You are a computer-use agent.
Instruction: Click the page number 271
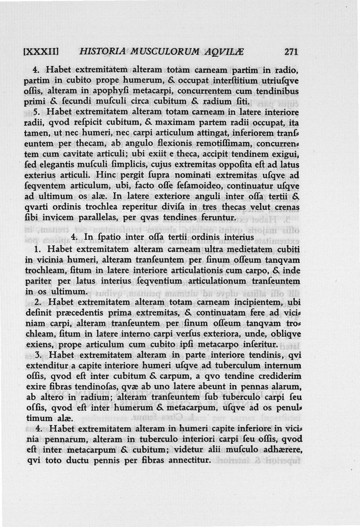[x=292, y=52]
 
